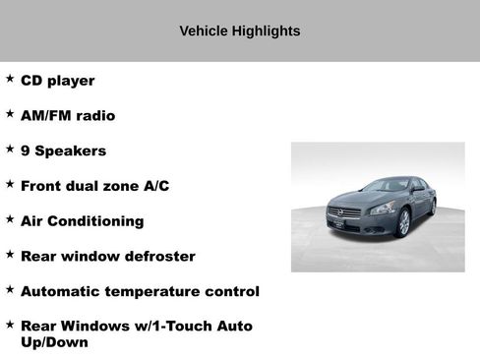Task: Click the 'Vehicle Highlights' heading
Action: [240, 31]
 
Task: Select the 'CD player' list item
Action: [57, 81]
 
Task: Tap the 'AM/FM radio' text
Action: [67, 116]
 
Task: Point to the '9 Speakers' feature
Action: [63, 151]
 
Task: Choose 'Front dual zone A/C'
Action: [94, 186]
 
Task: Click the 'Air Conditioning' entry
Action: [82, 221]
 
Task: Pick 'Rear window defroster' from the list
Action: [107, 257]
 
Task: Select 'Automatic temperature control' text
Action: [140, 292]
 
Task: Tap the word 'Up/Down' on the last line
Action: [54, 343]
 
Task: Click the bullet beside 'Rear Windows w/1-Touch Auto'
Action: [10, 324]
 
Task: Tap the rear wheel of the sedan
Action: [433, 208]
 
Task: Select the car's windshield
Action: [388, 185]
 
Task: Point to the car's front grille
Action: [350, 212]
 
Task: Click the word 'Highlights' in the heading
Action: [266, 31]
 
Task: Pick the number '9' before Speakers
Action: [26, 151]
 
